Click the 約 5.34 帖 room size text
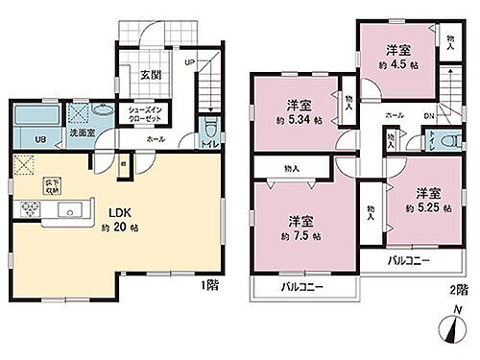[x=292, y=122]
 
